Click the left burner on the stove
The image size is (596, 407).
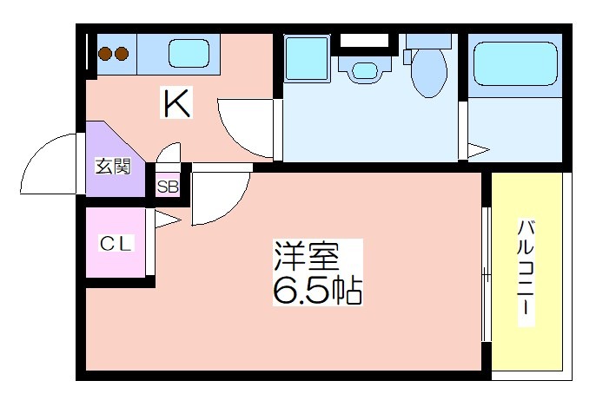coord(104,55)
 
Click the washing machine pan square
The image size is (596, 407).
coord(306,58)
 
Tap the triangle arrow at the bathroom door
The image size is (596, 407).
coord(479,150)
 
